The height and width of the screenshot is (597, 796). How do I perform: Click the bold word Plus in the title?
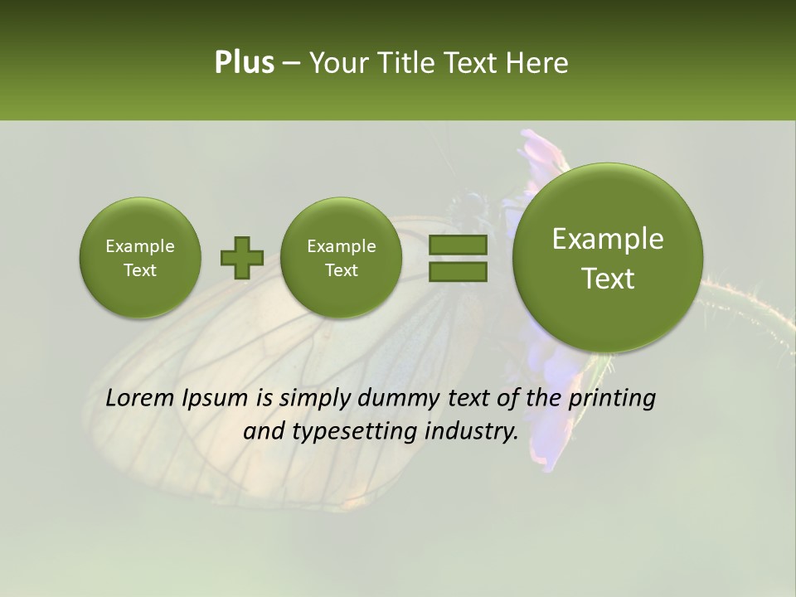coord(244,63)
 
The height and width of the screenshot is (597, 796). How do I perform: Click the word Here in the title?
coord(540,63)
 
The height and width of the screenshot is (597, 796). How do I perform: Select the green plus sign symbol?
coord(242,258)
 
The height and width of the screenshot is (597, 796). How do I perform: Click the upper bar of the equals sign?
coord(458,245)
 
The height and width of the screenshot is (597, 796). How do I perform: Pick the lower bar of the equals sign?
coord(458,272)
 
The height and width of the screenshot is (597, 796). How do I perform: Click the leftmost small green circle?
coord(140,258)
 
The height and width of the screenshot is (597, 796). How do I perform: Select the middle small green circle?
coord(341,258)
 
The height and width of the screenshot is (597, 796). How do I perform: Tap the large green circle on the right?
coord(608,258)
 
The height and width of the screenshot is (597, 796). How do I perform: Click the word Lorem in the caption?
coord(141,399)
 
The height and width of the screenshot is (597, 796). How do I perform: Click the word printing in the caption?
coord(612,399)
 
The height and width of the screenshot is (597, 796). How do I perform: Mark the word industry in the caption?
coord(471,432)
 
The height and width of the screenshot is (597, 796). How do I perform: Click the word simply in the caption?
coord(316,399)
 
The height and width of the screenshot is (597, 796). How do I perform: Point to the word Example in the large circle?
coord(608,239)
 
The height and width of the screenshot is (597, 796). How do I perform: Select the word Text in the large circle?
coord(608,279)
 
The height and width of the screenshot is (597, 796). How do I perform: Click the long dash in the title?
coord(291,64)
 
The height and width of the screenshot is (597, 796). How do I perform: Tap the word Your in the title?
coord(334,63)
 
